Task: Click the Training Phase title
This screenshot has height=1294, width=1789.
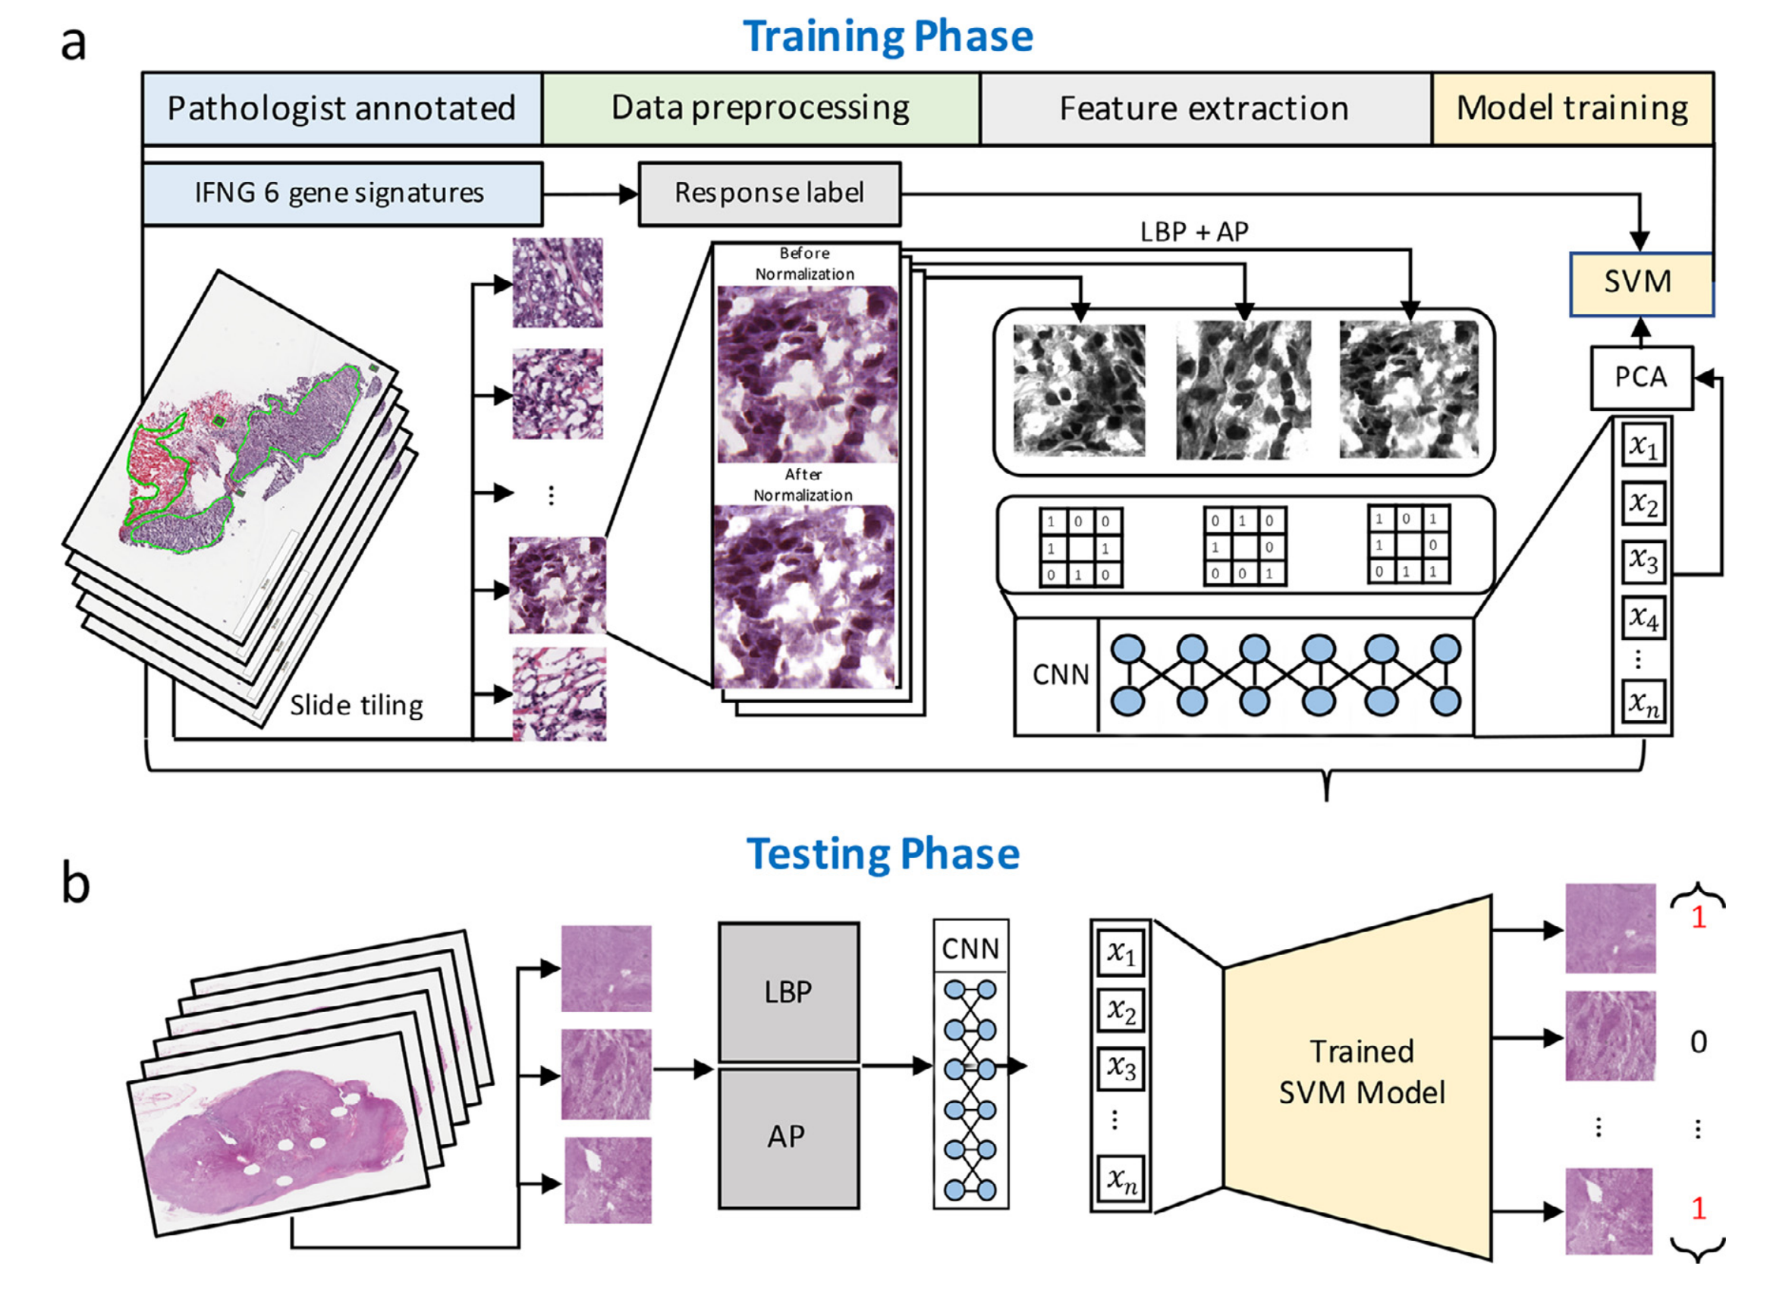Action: point(888,36)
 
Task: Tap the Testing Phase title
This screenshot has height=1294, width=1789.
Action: point(882,854)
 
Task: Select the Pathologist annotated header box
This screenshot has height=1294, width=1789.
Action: point(341,108)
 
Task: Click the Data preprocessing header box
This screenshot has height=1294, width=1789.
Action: point(760,108)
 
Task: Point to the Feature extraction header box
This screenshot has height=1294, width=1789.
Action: point(1204,108)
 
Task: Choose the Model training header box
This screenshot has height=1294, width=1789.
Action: point(1571,108)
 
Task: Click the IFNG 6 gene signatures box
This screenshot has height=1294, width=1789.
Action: point(340,193)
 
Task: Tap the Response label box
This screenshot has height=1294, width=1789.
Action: point(769,193)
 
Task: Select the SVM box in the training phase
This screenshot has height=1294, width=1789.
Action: point(1638,282)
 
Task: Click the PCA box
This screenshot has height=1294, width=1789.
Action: point(1641,377)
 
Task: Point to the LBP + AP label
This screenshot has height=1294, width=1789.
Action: point(1194,232)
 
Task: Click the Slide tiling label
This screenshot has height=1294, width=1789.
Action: point(357,704)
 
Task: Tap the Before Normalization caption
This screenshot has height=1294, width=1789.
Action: point(804,263)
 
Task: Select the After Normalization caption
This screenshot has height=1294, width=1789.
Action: point(803,484)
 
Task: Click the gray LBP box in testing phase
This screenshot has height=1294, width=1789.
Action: point(788,992)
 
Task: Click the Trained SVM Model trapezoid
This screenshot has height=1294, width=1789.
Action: point(1361,1073)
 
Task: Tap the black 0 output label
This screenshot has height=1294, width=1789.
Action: point(1698,1042)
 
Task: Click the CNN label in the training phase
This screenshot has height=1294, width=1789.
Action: point(1060,674)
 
